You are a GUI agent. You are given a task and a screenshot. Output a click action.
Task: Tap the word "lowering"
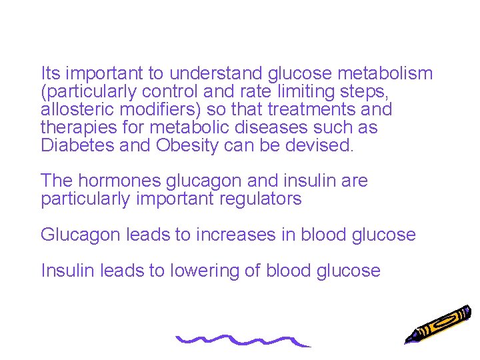pyautogui.click(x=198, y=271)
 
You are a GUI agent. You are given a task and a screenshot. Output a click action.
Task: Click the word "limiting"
pyautogui.click(x=318, y=91)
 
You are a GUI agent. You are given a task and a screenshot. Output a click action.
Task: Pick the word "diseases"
pyautogui.click(x=269, y=127)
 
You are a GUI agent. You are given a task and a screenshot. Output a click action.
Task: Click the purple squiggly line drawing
pyautogui.click(x=243, y=341)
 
